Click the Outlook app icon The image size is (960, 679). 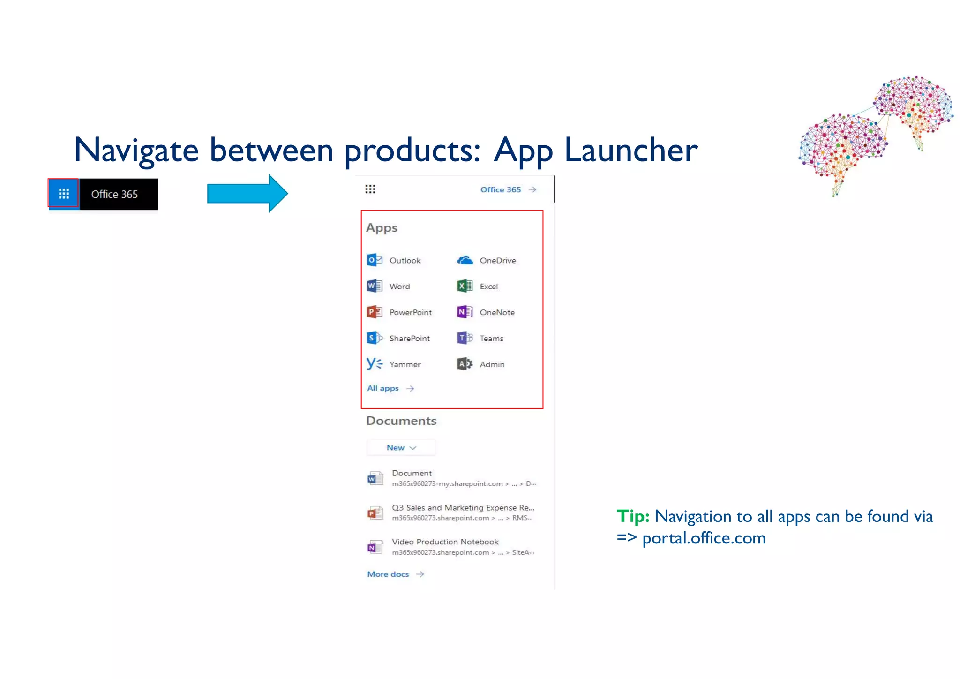click(x=374, y=260)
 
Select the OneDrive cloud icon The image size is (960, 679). click(x=465, y=260)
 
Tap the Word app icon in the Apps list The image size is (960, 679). click(x=374, y=286)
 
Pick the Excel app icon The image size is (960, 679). click(x=465, y=286)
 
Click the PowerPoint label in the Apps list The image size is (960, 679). click(x=410, y=312)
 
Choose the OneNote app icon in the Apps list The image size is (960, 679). click(x=465, y=312)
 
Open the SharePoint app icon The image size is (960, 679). click(x=374, y=338)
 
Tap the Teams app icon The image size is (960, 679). click(x=465, y=338)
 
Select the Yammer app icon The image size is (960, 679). click(x=374, y=364)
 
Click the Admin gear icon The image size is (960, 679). click(x=465, y=364)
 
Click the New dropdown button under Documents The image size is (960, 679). click(x=401, y=448)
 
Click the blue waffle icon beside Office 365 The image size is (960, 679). click(x=64, y=193)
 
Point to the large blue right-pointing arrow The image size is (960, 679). click(x=247, y=193)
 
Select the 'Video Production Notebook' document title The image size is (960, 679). click(x=445, y=542)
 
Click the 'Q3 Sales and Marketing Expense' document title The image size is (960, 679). click(x=463, y=507)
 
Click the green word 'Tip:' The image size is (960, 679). click(x=632, y=516)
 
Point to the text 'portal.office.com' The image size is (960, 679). click(x=704, y=538)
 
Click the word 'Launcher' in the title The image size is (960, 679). click(x=631, y=150)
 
